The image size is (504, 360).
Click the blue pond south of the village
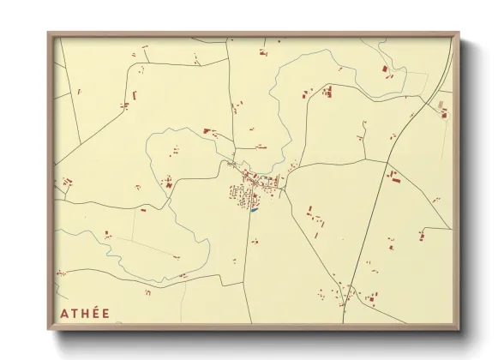pos(255,209)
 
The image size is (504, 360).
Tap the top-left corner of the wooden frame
pos(49,33)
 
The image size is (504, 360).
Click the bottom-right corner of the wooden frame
pos(459,329)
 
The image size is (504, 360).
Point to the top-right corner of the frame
pos(459,33)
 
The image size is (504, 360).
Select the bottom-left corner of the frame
pos(49,329)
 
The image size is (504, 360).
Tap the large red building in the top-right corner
pos(385,68)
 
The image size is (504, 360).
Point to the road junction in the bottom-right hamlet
pos(346,289)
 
